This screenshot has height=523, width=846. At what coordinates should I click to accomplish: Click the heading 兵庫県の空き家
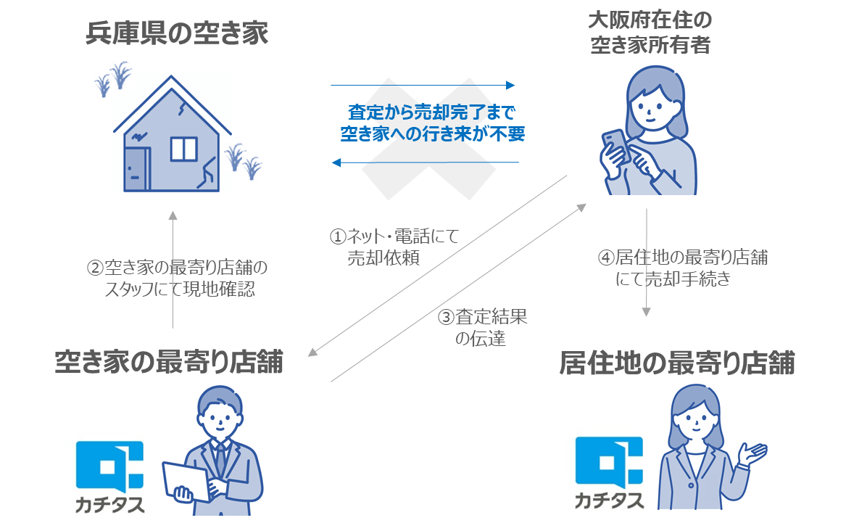coord(176,34)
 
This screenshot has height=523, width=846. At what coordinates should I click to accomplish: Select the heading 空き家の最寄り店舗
coord(168,362)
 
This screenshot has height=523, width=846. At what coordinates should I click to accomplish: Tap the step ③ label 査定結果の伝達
coord(481,328)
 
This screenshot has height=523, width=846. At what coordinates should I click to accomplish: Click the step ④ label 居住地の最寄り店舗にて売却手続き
coord(682,268)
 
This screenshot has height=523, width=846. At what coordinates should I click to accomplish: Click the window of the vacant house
coord(183,149)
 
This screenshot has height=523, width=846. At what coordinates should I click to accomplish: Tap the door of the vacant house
coord(136,168)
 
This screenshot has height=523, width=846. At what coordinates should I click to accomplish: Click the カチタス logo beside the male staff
coord(109,476)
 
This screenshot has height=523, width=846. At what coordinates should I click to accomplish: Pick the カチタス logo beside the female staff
coord(608,472)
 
